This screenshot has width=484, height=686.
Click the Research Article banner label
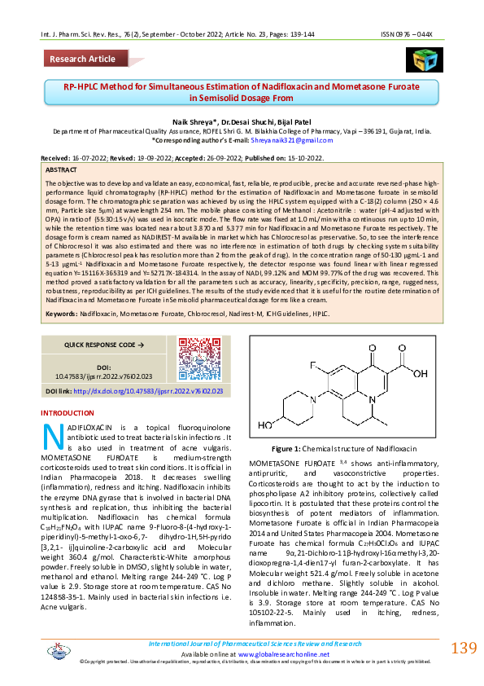coord(82,59)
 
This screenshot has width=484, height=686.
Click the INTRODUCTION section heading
coord(68,413)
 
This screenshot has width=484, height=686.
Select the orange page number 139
coord(463,649)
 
